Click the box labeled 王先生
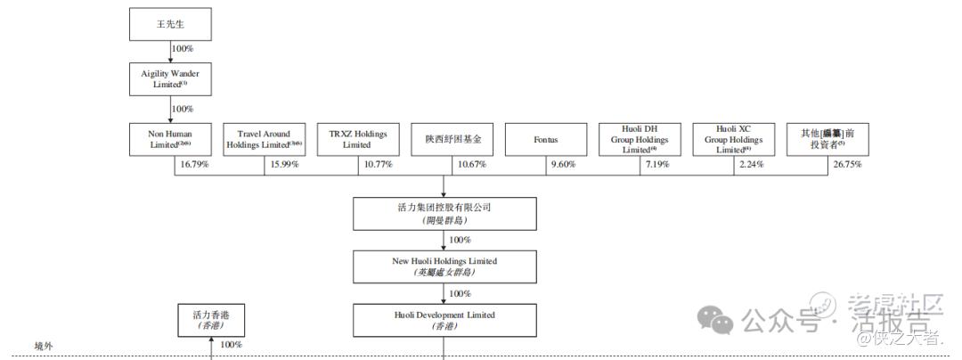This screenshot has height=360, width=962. click(170, 23)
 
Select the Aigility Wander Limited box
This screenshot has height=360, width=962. click(170, 78)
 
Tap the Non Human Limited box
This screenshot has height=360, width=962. click(170, 139)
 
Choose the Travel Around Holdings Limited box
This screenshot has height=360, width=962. click(265, 139)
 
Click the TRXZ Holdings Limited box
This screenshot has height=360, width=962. click(358, 139)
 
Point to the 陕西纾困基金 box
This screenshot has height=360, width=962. click(452, 140)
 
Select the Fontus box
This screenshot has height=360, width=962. click(546, 140)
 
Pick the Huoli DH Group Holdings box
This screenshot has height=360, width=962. click(640, 140)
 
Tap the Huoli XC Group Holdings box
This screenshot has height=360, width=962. click(734, 140)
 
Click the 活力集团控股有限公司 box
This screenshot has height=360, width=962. click(444, 213)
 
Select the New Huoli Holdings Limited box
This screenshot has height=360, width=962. click(444, 266)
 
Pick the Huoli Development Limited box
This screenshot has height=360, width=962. click(444, 320)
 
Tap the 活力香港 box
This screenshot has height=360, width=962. click(210, 320)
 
